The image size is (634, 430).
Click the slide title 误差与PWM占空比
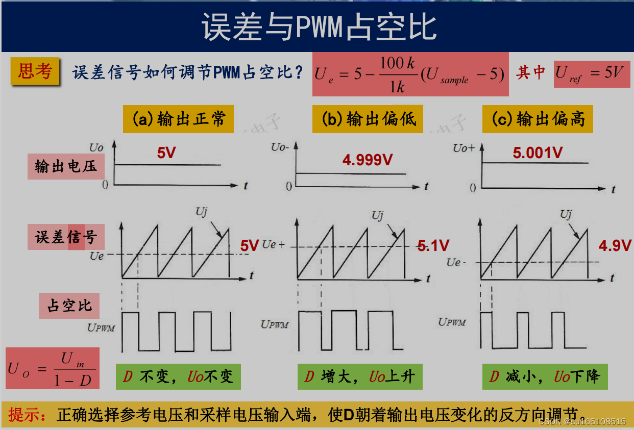(319, 27)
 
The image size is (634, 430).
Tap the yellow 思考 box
(35, 71)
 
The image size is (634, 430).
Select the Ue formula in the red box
(410, 74)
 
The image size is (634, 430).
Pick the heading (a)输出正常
(178, 119)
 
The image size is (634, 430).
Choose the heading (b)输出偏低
(368, 119)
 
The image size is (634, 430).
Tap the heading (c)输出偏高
(538, 119)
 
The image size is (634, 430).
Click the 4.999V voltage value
(368, 160)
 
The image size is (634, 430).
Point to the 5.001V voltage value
(538, 153)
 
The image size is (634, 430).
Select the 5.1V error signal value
(433, 246)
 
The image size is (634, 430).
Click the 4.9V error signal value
(615, 246)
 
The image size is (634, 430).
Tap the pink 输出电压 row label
(63, 166)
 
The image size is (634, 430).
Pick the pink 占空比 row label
(69, 306)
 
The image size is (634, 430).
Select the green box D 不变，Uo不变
(178, 377)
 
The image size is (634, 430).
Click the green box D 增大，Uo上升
(360, 377)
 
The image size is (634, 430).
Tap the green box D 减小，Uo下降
(545, 377)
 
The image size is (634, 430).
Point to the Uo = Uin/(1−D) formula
(53, 368)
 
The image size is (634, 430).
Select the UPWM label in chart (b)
(275, 324)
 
